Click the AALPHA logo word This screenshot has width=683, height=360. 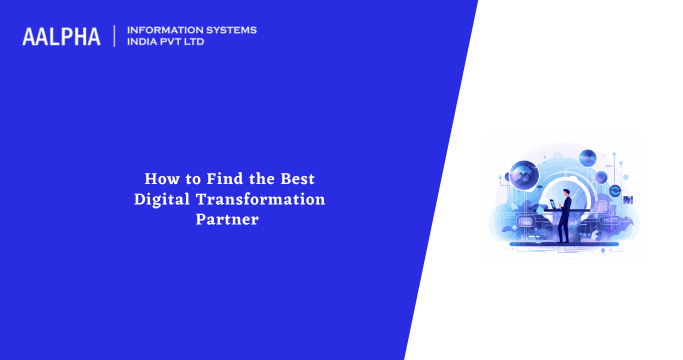[61, 37]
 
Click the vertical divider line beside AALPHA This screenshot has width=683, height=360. [115, 37]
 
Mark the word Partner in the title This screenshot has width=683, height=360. [229, 219]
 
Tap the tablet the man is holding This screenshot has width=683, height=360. [553, 204]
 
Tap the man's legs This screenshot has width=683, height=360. [566, 229]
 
